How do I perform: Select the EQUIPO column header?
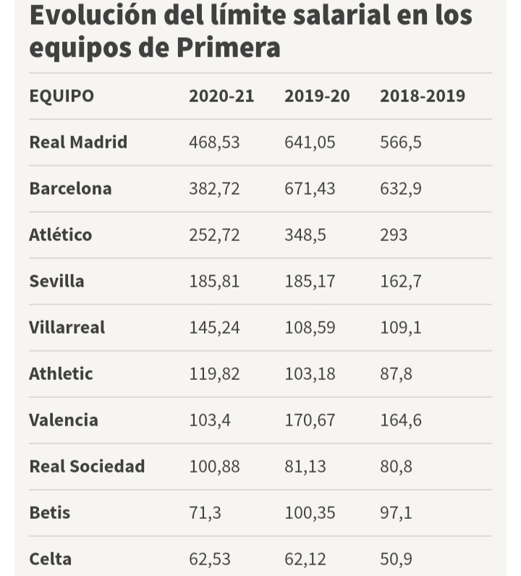pyautogui.click(x=62, y=96)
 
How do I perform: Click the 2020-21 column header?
pyautogui.click(x=221, y=96)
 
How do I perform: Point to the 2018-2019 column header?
pyautogui.click(x=423, y=96)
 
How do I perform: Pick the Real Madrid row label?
pyautogui.click(x=78, y=143)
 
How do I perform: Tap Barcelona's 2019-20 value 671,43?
pyautogui.click(x=310, y=189)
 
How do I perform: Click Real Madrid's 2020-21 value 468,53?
pyautogui.click(x=214, y=143)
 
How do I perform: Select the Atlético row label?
pyautogui.click(x=61, y=235)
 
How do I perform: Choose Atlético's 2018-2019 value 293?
pyautogui.click(x=394, y=235)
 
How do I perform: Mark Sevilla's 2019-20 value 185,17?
pyautogui.click(x=310, y=281)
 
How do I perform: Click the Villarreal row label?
pyautogui.click(x=67, y=328)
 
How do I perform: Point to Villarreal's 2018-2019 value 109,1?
pyautogui.click(x=401, y=328)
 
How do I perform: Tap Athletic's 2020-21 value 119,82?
pyautogui.click(x=214, y=374)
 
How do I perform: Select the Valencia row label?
pyautogui.click(x=64, y=420)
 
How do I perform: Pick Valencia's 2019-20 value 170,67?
pyautogui.click(x=310, y=420)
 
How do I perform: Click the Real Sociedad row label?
pyautogui.click(x=87, y=467)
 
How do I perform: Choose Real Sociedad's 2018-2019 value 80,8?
pyautogui.click(x=397, y=467)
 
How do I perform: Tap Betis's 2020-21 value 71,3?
pyautogui.click(x=206, y=513)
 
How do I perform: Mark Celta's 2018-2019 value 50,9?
pyautogui.click(x=397, y=559)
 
